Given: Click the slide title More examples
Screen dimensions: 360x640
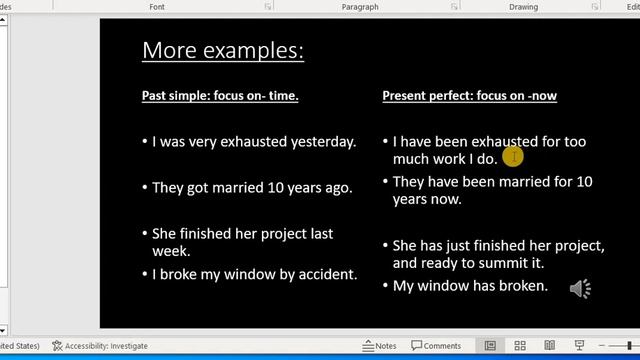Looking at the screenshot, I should click(223, 50).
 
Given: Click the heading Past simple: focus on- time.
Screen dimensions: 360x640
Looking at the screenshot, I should click(220, 96).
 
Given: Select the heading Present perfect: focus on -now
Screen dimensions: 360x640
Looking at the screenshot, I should click(469, 96).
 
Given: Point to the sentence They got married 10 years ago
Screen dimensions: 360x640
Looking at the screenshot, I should click(252, 187).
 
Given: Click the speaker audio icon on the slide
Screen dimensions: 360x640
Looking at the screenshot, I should click(580, 289).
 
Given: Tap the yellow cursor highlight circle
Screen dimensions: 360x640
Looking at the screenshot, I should click(513, 157).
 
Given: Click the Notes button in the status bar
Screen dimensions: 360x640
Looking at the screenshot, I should click(380, 346).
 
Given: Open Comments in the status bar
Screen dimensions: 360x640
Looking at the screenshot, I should click(436, 346).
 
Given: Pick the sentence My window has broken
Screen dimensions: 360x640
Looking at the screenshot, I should click(470, 286).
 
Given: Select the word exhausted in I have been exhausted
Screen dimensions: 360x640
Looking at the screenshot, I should click(505, 142).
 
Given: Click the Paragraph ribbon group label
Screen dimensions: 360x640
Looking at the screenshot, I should click(359, 6).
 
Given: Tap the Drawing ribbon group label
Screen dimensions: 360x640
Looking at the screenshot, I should click(523, 6).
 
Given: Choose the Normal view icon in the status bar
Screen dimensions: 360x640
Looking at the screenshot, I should click(490, 346).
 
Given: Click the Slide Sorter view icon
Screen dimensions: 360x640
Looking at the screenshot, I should click(520, 346).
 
